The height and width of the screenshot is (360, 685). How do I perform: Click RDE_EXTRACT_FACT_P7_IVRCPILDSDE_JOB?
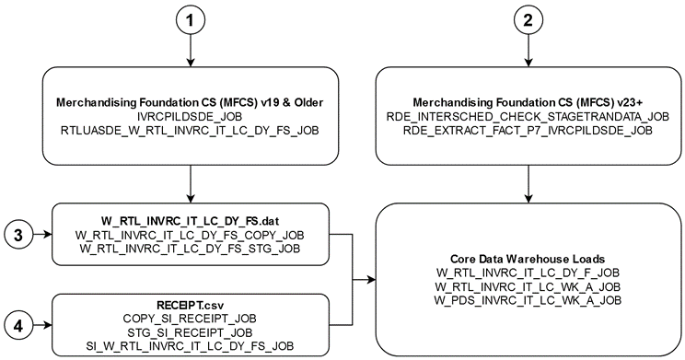tap(528, 133)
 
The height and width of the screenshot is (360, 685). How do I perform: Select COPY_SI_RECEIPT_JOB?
tap(190, 317)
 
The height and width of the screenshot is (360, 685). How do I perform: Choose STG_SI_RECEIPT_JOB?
tap(190, 331)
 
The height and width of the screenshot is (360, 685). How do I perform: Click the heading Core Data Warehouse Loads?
tap(528, 259)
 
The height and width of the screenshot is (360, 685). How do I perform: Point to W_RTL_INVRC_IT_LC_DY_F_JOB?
tap(528, 273)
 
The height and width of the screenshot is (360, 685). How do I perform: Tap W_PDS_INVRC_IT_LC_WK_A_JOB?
tap(528, 300)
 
